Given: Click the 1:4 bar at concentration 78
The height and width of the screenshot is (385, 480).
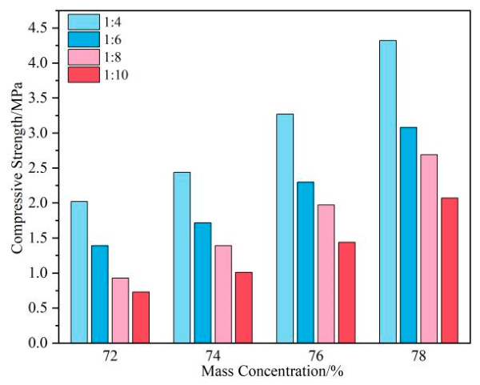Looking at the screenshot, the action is [x=388, y=191].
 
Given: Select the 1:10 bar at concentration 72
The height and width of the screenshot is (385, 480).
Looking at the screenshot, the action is [x=141, y=317].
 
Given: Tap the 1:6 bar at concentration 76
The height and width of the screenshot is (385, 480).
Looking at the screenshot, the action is [x=306, y=263].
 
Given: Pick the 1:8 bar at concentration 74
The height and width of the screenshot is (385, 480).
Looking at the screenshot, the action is [x=223, y=294].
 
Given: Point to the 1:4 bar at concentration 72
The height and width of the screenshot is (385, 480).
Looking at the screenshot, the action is [x=79, y=272].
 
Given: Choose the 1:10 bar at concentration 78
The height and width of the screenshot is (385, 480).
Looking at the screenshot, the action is [x=450, y=271].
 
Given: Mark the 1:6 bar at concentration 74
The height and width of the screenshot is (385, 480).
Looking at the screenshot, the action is [x=202, y=283].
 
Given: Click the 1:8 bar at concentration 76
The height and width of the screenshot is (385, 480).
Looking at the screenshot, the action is [x=326, y=274].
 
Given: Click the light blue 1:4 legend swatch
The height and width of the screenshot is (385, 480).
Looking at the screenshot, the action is [x=83, y=22].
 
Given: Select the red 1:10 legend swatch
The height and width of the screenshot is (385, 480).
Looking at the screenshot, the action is [x=83, y=74].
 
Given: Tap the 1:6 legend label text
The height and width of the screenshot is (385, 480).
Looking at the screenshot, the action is [x=113, y=39].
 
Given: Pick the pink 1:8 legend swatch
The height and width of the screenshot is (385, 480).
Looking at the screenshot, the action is [x=83, y=58].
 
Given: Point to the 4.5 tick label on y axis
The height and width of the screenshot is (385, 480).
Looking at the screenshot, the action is [x=39, y=28].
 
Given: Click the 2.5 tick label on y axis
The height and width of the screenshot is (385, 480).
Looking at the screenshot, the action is [x=39, y=168].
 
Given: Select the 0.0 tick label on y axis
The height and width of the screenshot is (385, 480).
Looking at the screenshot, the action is [x=39, y=343].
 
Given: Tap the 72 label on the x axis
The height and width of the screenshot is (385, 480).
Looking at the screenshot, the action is [x=110, y=356].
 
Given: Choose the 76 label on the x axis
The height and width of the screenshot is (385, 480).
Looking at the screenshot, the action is [x=316, y=356].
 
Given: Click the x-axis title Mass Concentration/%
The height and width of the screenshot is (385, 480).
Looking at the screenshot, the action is [x=272, y=371].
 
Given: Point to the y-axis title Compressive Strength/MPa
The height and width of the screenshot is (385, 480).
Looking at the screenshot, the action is [x=17, y=168].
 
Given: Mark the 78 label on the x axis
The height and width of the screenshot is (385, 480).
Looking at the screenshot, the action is [x=418, y=356].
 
